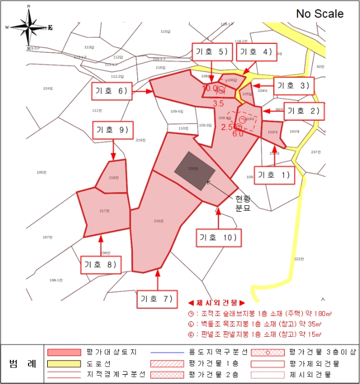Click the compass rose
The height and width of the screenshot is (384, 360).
(29, 27)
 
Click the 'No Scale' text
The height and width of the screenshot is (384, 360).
(320, 14)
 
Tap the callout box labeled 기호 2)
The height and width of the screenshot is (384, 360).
(303, 110)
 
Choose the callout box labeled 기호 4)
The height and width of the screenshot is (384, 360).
(255, 52)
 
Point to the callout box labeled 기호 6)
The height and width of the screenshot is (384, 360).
(111, 91)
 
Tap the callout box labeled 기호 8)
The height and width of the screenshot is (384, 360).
(101, 264)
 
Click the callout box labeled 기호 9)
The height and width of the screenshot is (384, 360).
(112, 130)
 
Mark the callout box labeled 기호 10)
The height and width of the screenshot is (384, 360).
(218, 238)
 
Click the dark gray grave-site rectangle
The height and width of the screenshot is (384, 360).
(195, 170)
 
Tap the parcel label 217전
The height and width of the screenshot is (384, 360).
(104, 211)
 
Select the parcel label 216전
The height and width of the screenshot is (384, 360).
(159, 221)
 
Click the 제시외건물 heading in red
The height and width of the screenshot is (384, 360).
(216, 303)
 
